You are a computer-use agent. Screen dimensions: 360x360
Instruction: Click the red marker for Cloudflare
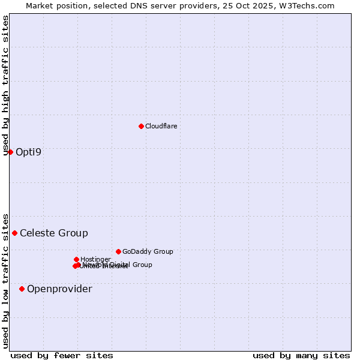[x=141, y=126]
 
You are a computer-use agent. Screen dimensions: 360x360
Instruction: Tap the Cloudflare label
[x=161, y=126]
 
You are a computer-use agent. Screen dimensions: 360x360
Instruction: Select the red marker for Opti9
[x=10, y=152]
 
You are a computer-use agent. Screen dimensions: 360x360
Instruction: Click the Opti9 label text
[x=28, y=152]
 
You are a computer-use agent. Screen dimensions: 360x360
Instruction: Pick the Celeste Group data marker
[x=15, y=233]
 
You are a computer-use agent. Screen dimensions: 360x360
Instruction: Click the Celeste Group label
[x=54, y=233]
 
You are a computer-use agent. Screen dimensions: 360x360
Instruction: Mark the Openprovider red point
[x=22, y=289]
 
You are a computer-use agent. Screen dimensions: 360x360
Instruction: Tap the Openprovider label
[x=59, y=289]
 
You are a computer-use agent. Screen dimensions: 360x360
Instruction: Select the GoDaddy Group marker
[x=118, y=251]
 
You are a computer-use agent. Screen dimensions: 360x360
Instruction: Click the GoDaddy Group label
[x=148, y=251]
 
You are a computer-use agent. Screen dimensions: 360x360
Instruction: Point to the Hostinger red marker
[x=76, y=259]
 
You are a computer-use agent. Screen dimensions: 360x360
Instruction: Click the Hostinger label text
[x=95, y=259]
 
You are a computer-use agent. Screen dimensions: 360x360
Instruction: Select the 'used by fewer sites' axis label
[x=62, y=355]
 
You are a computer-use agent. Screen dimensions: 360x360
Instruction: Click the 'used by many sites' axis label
[x=301, y=355]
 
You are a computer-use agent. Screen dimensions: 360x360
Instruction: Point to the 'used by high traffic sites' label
[x=6, y=85]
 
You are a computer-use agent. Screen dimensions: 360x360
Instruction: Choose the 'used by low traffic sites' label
[x=6, y=280]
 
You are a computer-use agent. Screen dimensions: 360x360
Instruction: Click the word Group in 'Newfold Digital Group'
[x=142, y=265]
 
